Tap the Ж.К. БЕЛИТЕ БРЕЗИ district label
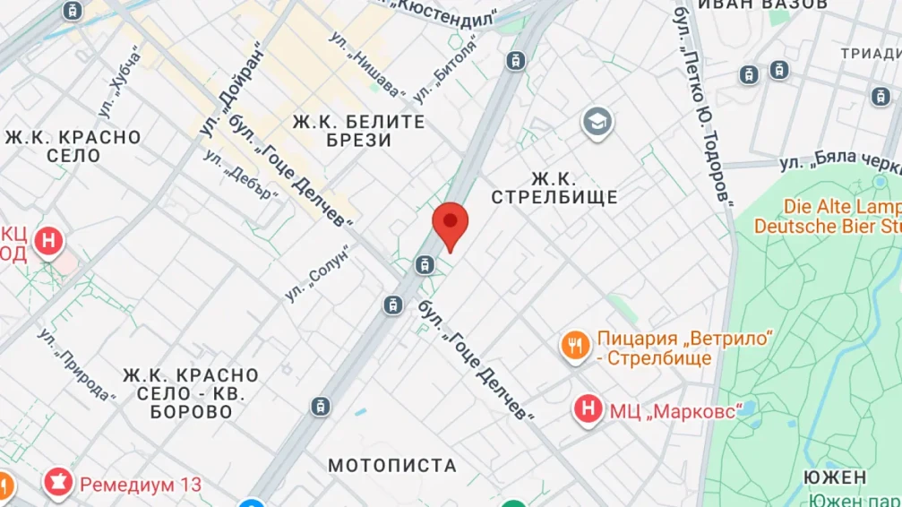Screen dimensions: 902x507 pyautogui.click(x=359, y=131)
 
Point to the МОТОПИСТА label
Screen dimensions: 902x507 pyautogui.click(x=392, y=466)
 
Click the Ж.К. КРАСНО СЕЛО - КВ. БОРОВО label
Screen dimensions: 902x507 pyautogui.click(x=191, y=393)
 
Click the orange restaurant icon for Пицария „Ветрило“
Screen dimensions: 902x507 pyautogui.click(x=574, y=345)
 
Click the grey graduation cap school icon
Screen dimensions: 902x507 pyautogui.click(x=597, y=122)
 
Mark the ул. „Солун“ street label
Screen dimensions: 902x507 pyautogui.click(x=316, y=272)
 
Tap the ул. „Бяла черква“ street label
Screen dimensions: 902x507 pyautogui.click(x=838, y=162)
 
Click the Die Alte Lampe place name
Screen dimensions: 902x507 pyautogui.click(x=841, y=206)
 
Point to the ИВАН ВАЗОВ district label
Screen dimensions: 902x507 pyautogui.click(x=761, y=4)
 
